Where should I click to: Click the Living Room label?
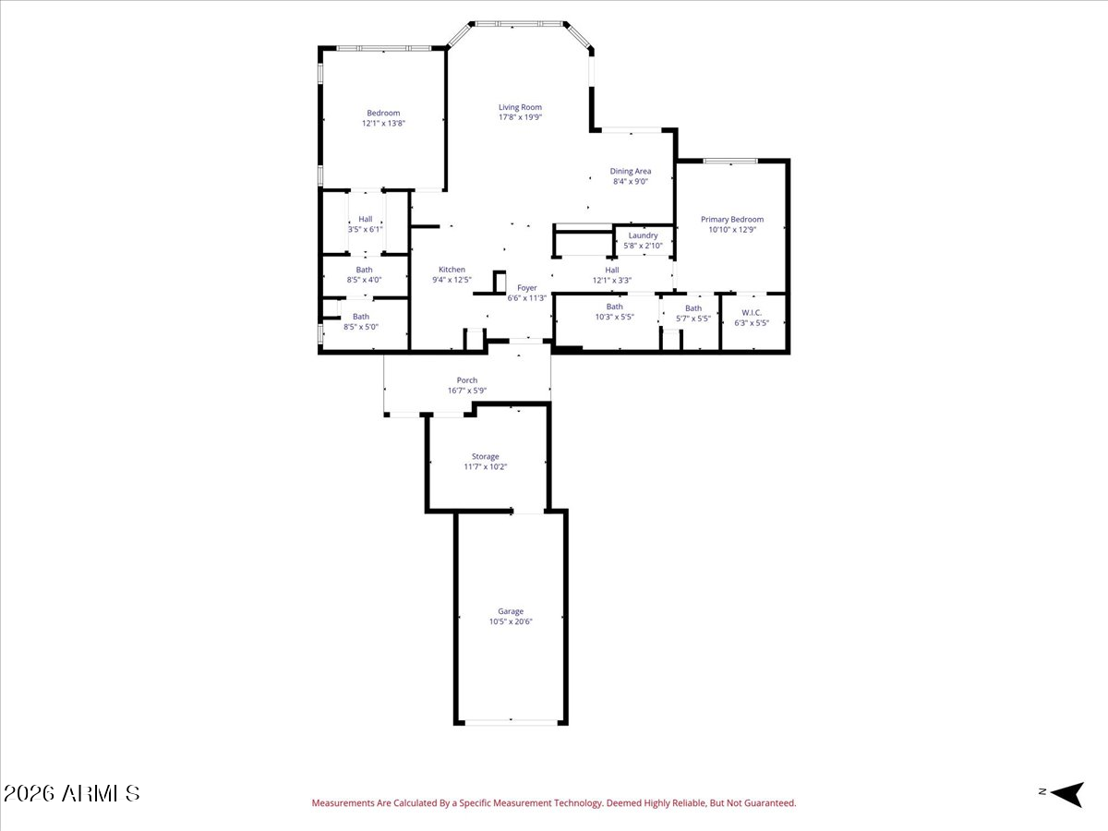pos(520,107)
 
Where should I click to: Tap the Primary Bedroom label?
pos(732,220)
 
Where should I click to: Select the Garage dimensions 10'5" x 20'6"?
pos(511,622)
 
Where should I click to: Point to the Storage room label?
pos(485,456)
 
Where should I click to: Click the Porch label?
pos(467,380)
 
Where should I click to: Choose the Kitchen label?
pos(452,270)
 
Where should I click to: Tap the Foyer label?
pos(526,288)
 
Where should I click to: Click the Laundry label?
pos(643,235)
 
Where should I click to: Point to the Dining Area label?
pos(631,171)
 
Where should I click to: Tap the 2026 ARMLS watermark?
pos(72,793)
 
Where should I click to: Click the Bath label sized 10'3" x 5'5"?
pos(614,307)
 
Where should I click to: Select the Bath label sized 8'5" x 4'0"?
pos(365,270)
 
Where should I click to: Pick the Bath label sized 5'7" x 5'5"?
pos(692,308)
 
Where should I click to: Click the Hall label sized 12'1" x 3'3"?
pos(611,270)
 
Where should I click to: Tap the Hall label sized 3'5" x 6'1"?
pos(366,219)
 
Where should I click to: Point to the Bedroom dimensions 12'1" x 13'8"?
pos(383,123)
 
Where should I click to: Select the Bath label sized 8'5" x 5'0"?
pos(360,317)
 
